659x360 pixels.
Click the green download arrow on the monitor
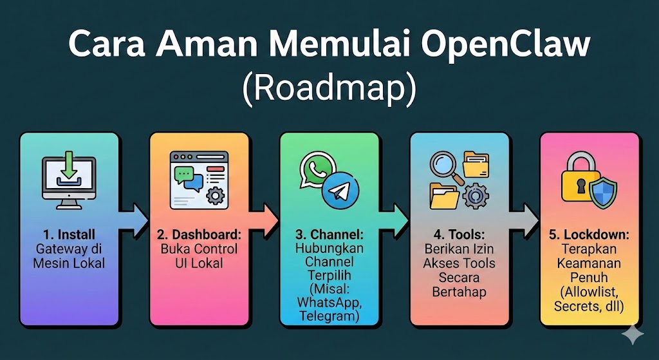click(x=68, y=169)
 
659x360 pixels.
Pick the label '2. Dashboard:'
click(x=199, y=234)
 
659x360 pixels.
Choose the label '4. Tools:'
click(x=459, y=234)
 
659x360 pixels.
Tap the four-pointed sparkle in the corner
click(x=633, y=334)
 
